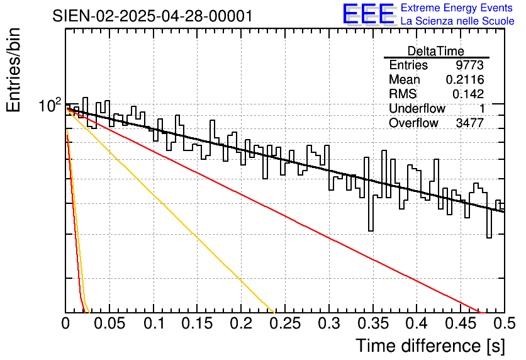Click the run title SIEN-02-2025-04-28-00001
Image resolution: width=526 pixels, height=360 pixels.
coord(153,16)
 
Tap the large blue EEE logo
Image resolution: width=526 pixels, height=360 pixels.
coord(368,14)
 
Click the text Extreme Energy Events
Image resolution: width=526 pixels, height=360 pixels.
coord(457,8)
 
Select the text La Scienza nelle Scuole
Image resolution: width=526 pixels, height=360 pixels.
coord(457,21)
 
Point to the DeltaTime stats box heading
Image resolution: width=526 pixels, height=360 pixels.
coord(436,51)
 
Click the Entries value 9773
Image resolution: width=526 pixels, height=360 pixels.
coord(469,65)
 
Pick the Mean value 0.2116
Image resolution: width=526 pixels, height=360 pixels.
coord(464,80)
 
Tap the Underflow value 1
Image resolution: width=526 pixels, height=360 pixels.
coord(481,109)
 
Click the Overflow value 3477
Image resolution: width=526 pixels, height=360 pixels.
coord(469,123)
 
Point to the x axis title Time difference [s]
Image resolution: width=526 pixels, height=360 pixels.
coord(429,346)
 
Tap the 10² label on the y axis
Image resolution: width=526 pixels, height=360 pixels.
coord(50,105)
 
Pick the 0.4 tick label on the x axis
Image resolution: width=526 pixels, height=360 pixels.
coord(416,324)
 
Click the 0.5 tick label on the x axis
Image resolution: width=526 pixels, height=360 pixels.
coord(503,324)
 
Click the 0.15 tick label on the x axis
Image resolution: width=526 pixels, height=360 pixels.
coord(197,324)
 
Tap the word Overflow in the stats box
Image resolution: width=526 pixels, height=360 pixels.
coord(413,123)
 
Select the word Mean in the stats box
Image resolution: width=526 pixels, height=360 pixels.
coord(404,80)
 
